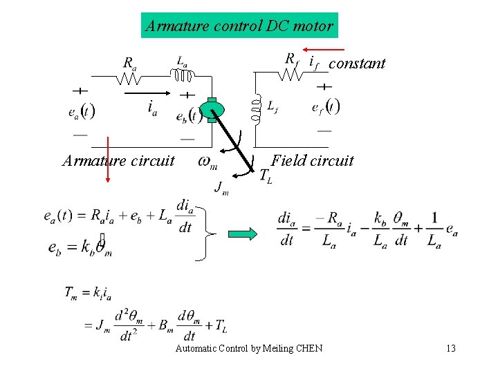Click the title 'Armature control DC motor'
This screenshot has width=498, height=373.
point(239,26)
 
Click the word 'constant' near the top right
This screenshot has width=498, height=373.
point(357,64)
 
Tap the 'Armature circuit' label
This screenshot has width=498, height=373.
point(118,161)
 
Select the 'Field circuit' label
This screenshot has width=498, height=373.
point(312,161)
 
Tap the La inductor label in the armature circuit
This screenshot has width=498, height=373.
point(181,61)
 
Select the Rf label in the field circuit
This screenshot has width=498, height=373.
point(292,58)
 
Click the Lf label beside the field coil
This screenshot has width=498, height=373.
point(273,106)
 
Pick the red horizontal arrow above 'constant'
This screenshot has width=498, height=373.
point(324,50)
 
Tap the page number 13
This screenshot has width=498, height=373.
point(451,347)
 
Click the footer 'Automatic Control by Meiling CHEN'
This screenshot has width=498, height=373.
point(248,348)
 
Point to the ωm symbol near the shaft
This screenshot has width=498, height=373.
point(207,162)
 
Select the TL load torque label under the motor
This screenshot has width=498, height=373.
point(266,177)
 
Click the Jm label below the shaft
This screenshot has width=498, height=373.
point(221,186)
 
